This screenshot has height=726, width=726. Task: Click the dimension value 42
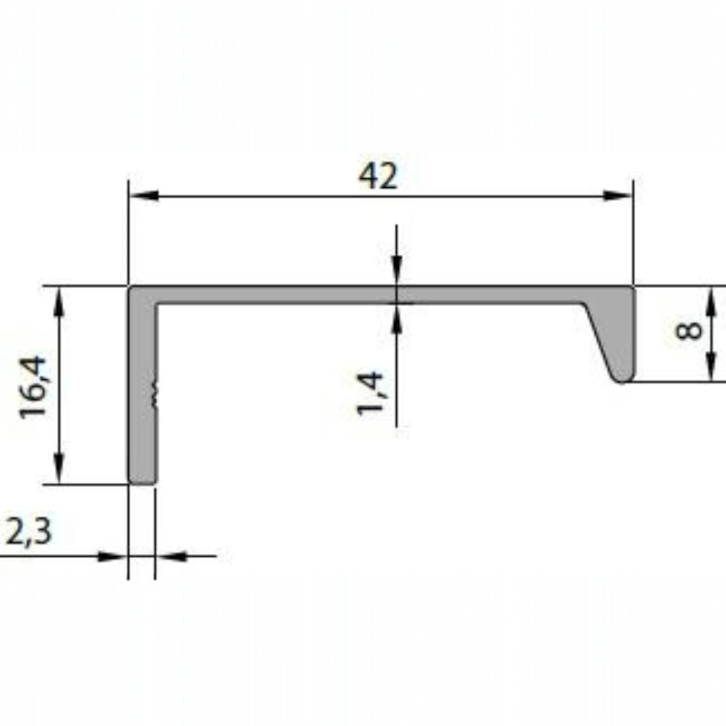pos(378,176)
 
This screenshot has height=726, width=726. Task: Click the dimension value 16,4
pos(33,387)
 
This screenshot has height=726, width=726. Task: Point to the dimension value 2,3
pos(28,531)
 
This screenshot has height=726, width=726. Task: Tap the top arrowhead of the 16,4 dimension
pos(59,302)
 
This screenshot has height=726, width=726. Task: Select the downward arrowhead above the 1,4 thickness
pos(397,272)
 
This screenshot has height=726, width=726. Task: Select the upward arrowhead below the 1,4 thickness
pos(397,317)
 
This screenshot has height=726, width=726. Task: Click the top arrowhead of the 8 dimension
pos(711,301)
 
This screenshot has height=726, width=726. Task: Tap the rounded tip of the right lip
pos(623,379)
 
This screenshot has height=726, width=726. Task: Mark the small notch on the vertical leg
pos(156,392)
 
